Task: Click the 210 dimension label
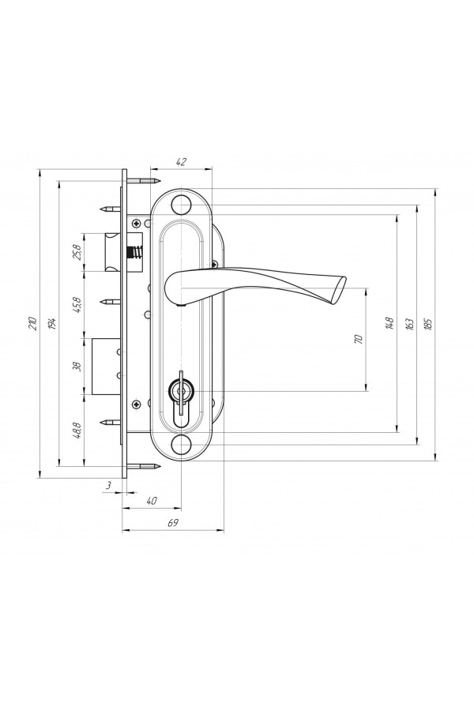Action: pyautogui.click(x=32, y=322)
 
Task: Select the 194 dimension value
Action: pyautogui.click(x=52, y=323)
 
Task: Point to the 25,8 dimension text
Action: pyautogui.click(x=77, y=252)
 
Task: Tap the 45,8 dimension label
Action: pyautogui.click(x=77, y=305)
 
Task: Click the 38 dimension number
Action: pyautogui.click(x=77, y=367)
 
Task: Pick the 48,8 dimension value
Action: pyautogui.click(x=77, y=430)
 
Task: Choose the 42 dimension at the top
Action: pyautogui.click(x=181, y=162)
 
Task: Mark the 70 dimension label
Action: pyautogui.click(x=359, y=339)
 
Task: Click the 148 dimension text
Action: pyautogui.click(x=389, y=323)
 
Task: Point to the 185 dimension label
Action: pyautogui.click(x=429, y=323)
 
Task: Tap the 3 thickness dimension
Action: pyautogui.click(x=108, y=485)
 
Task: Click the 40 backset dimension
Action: pyautogui.click(x=152, y=501)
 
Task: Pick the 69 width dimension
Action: pyautogui.click(x=173, y=523)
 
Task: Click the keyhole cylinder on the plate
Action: pyautogui.click(x=181, y=397)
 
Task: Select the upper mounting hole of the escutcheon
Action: pyautogui.click(x=181, y=205)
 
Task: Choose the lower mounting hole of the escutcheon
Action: pyautogui.click(x=181, y=443)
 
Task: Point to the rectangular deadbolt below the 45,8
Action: pyautogui.click(x=107, y=367)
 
